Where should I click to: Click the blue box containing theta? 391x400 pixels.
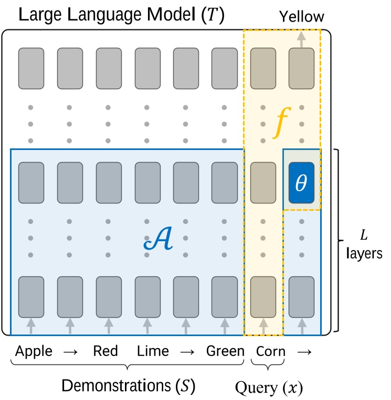coord(302,183)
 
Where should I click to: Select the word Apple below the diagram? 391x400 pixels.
coord(34,351)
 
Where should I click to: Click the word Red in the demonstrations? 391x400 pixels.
coord(105,351)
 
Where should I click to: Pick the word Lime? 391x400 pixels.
coord(153,351)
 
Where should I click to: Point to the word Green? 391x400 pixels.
coord(225,351)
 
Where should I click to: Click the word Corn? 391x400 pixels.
coord(270,351)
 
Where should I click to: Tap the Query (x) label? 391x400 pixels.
coord(269,388)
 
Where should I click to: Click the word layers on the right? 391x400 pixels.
coord(364,254)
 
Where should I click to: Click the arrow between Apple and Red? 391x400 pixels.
coord(70,351)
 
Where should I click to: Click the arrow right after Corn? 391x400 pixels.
coord(302,351)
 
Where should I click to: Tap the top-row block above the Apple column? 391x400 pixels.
coord(31,68)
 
